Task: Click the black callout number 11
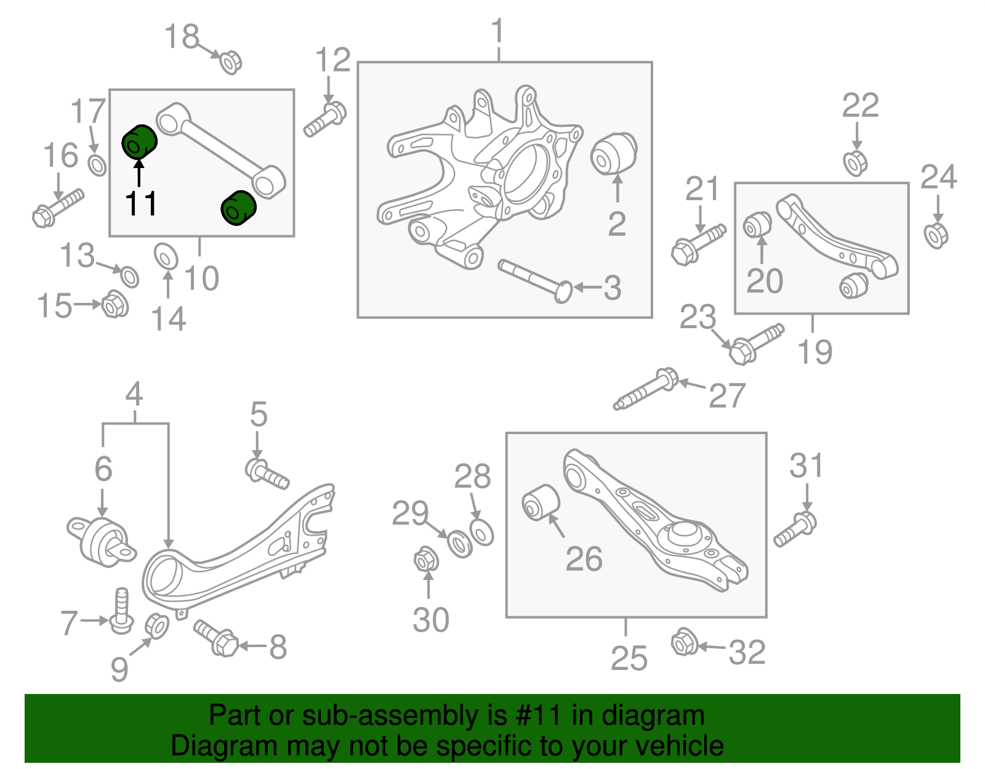141,203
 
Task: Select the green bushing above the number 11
139,142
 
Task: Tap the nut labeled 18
230,62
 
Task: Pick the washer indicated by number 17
97,165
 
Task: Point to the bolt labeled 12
326,119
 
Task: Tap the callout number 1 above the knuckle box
498,31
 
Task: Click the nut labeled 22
855,163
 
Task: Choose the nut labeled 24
936,235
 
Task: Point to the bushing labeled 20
757,225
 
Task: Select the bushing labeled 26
541,502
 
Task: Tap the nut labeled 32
683,642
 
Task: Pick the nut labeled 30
425,560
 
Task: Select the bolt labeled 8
216,638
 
